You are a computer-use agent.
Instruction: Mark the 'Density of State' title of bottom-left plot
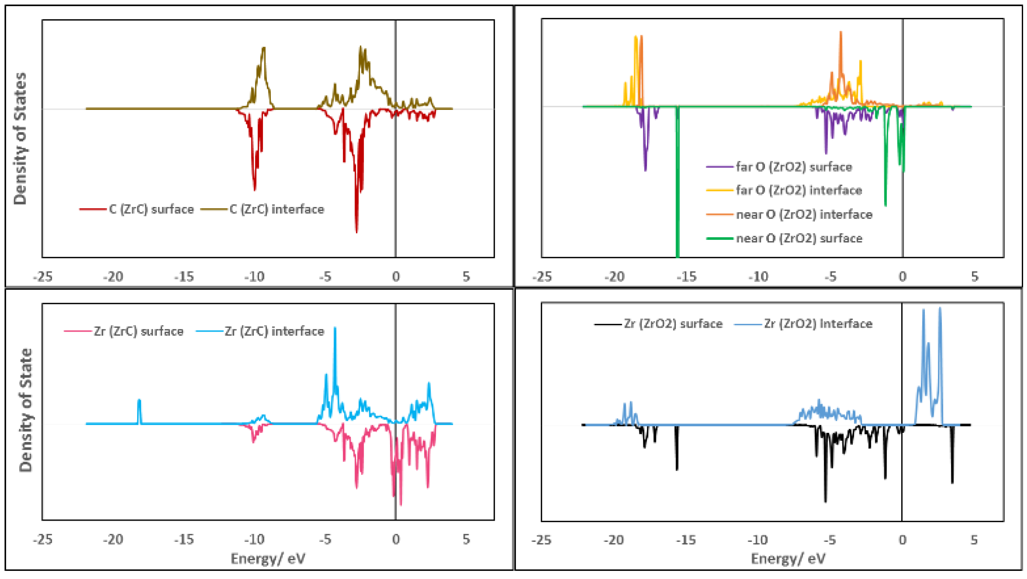25,410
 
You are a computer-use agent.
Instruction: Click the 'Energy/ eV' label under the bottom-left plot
268,558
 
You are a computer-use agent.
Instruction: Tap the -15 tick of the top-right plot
687,276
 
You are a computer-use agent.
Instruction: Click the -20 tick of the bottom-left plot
113,540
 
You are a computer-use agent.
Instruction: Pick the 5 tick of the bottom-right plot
974,540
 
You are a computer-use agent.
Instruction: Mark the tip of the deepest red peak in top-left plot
356,232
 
